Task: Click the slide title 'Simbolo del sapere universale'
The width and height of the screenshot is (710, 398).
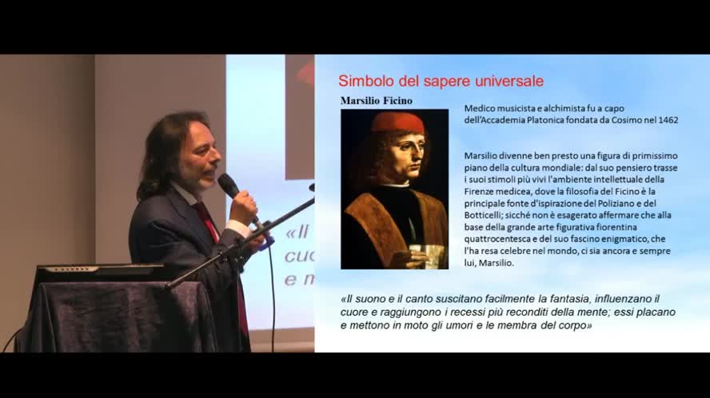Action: (441, 81)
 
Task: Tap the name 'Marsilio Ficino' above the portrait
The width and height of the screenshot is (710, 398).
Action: (376, 101)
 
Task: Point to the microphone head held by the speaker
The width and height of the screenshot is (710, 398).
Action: (228, 185)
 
